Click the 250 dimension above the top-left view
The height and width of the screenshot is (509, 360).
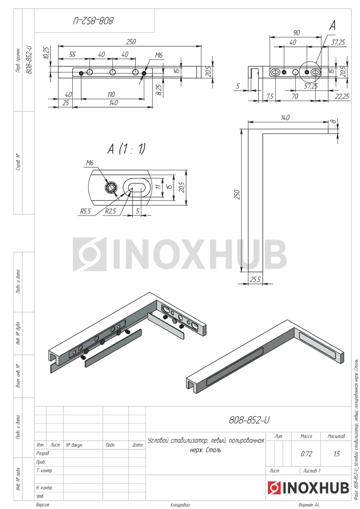pos(131,42)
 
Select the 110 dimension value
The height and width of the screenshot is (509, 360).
pos(111,94)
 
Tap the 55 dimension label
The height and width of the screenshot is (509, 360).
pos(72,54)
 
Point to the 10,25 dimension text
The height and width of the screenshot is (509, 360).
pos(46,53)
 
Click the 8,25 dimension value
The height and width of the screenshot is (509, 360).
pos(159,90)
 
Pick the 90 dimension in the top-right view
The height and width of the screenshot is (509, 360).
pos(297,33)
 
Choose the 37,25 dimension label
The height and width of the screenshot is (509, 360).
pos(338,42)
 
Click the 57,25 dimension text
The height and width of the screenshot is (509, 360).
pos(311,86)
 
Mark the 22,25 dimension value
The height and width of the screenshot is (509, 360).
pos(342,96)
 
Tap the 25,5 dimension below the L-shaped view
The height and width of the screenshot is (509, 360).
pos(255,280)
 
